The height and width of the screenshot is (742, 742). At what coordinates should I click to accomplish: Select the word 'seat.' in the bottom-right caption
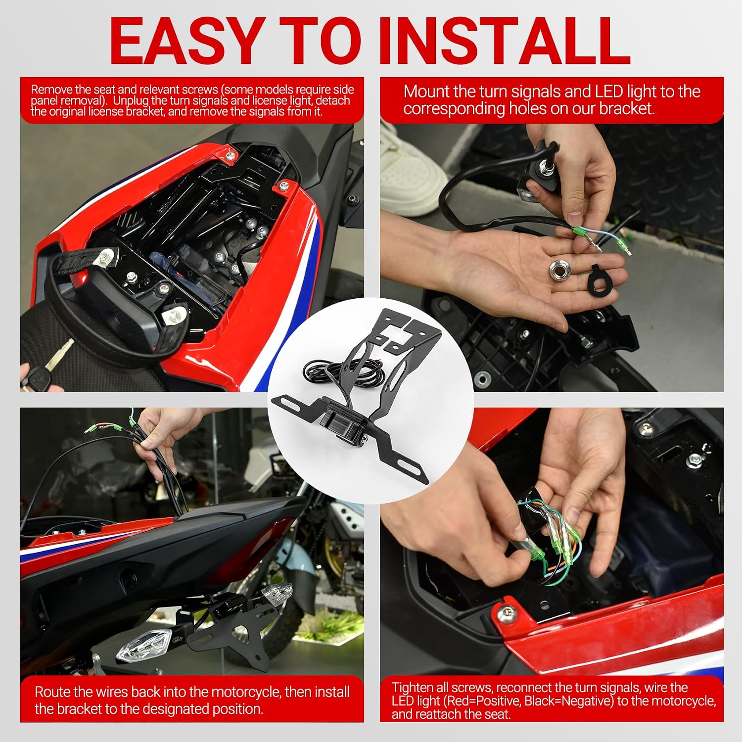tap(497, 714)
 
